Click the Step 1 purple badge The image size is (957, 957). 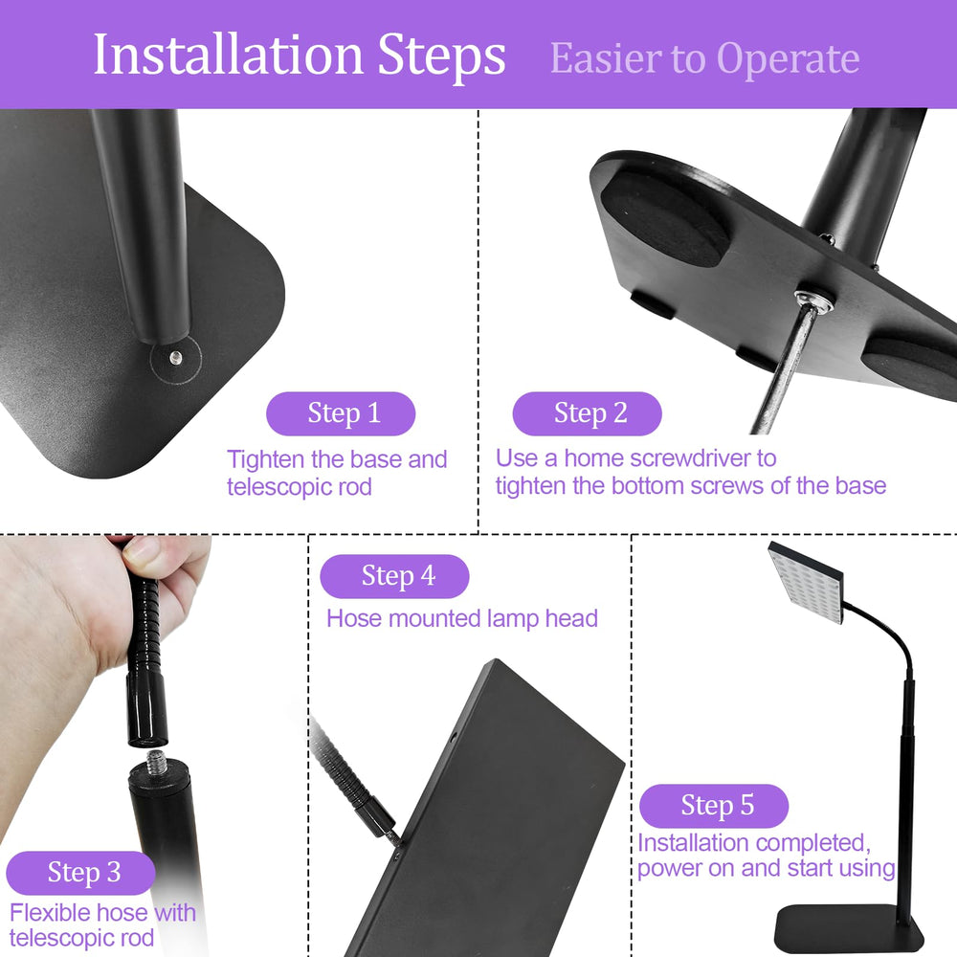click(341, 413)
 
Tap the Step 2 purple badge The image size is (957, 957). click(588, 413)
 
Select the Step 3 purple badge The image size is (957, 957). click(80, 873)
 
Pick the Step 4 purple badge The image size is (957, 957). click(395, 576)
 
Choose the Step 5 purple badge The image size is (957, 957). click(714, 806)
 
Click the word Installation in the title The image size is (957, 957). click(229, 55)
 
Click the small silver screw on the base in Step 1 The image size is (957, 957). click(176, 358)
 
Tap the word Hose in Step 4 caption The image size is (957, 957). click(354, 618)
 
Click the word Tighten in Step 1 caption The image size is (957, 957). click(265, 460)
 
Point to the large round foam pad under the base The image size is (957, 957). click(665, 218)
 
